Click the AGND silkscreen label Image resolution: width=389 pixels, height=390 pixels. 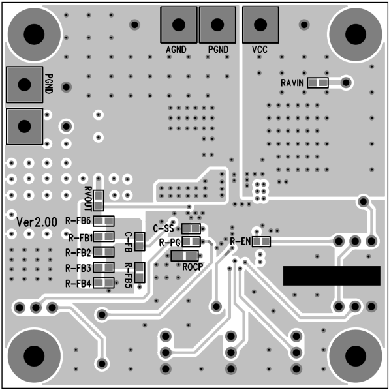176,50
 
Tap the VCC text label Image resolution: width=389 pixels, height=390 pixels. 260,50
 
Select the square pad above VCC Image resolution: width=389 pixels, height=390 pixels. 260,25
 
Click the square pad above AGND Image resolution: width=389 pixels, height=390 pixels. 179,25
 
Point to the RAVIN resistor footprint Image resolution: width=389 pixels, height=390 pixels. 318,83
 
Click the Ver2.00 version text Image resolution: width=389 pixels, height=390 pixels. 37,222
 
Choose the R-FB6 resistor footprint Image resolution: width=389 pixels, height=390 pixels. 104,221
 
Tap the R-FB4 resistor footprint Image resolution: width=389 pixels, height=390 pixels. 104,283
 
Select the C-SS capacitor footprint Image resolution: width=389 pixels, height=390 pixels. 191,228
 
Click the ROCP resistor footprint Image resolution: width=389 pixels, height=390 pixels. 185,256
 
